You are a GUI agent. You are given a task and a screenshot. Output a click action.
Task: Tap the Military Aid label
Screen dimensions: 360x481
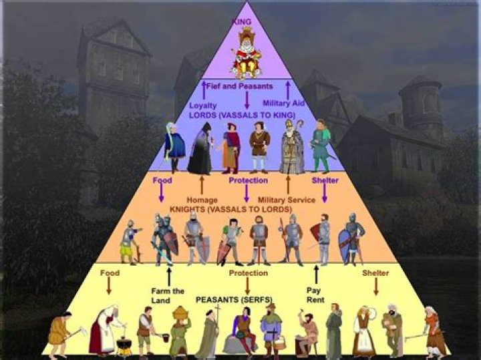coord(284,104)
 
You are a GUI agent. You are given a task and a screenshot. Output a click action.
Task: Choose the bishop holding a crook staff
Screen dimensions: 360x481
coord(292,148)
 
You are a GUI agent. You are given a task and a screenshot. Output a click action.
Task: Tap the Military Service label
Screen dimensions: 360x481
coord(286,199)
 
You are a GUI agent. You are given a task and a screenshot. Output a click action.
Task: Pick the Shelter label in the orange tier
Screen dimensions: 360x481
coord(325,180)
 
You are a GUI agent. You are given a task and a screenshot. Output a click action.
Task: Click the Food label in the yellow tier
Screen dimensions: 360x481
coord(110,273)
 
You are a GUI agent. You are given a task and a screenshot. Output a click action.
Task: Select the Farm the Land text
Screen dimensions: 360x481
coord(168,295)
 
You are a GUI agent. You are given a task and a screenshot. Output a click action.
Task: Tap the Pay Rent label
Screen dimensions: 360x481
coord(315,295)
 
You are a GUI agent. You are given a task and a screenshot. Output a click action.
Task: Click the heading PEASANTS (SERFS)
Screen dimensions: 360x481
coord(233,300)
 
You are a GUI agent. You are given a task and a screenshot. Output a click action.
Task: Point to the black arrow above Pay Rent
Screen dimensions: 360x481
coord(316,275)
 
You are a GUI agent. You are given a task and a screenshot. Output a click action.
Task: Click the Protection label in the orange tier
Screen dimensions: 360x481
coord(248,180)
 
